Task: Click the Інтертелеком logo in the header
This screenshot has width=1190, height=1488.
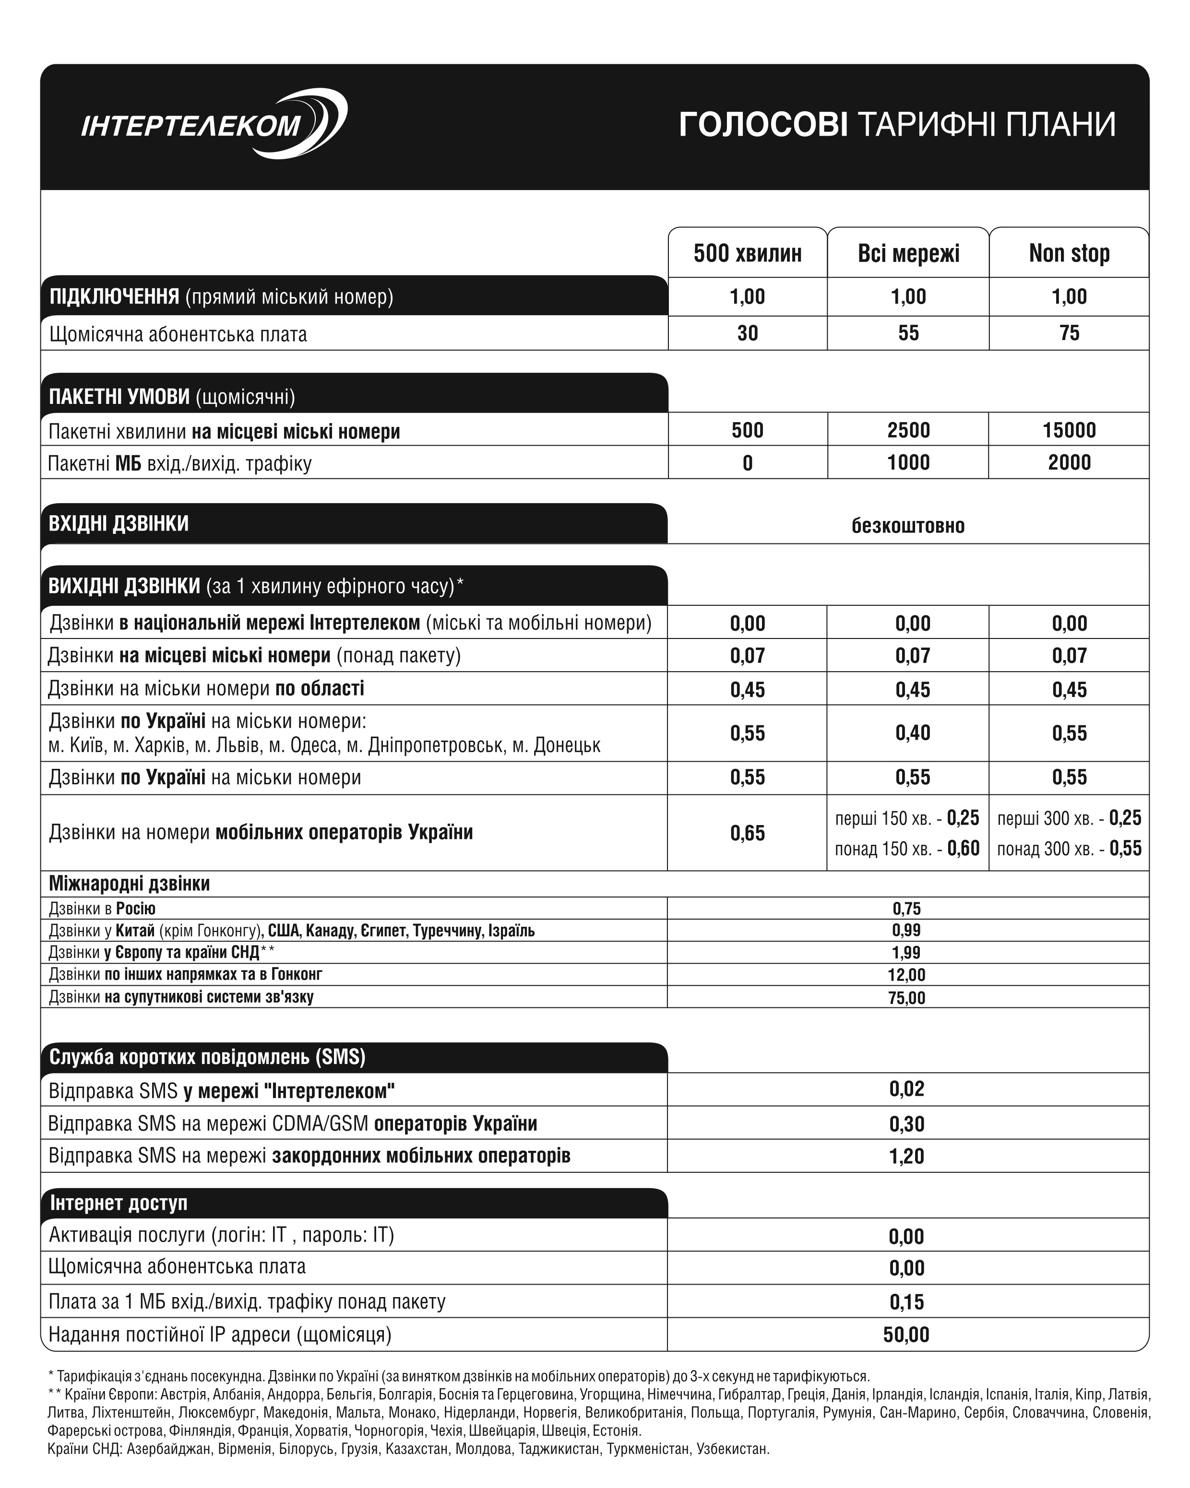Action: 213,124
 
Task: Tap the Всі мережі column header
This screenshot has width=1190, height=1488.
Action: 908,253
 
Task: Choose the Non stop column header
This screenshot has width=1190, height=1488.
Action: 1069,253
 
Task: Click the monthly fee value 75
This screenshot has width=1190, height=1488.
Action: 1069,333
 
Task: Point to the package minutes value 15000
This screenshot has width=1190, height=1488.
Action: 1069,430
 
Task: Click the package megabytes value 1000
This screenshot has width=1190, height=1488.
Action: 908,462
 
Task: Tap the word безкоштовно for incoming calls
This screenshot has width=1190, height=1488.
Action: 908,526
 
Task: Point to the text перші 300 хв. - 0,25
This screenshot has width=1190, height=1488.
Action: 1069,818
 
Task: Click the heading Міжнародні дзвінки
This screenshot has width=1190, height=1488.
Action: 129,884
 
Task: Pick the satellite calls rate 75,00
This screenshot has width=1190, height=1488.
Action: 906,997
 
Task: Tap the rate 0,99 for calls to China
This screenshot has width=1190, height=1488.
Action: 906,930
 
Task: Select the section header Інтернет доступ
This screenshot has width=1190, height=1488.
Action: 118,1203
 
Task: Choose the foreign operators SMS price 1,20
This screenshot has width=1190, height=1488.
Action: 906,1156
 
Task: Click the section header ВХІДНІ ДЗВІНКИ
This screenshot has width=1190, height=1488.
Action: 118,523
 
